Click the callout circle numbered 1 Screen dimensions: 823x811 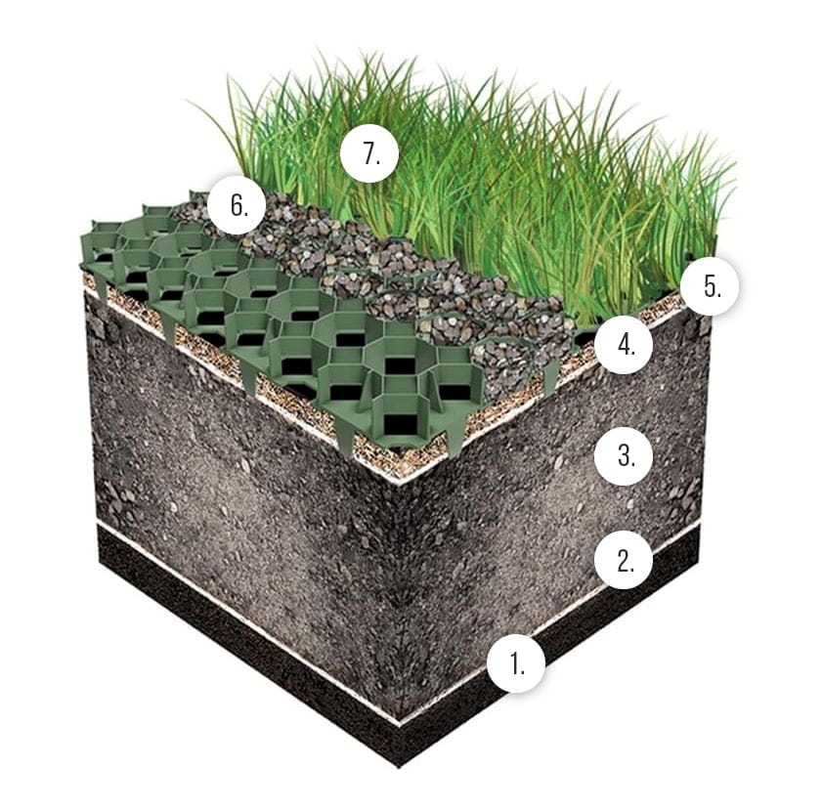pyautogui.click(x=516, y=663)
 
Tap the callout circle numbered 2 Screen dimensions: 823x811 pyautogui.click(x=624, y=560)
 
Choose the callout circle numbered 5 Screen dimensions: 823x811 pyautogui.click(x=711, y=286)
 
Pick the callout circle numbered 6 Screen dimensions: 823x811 pyautogui.click(x=238, y=204)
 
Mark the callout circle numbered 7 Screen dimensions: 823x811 pyautogui.click(x=369, y=153)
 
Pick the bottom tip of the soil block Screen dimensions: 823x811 pyautogui.click(x=400, y=767)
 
